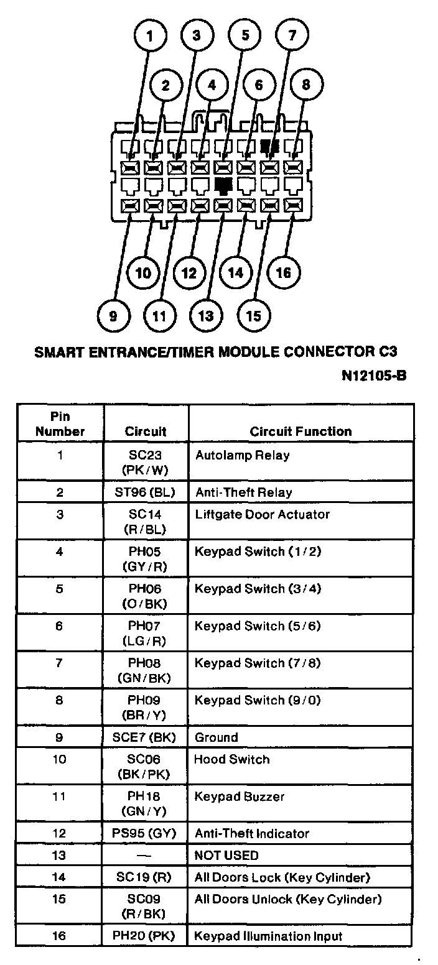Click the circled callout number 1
click(x=149, y=36)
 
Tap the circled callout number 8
click(x=305, y=85)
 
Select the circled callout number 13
click(x=206, y=315)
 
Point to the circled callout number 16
click(x=283, y=272)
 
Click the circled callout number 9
click(x=113, y=316)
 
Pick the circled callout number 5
click(x=245, y=36)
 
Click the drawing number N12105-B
click(x=374, y=376)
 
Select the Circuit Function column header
click(x=301, y=432)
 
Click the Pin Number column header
click(x=60, y=423)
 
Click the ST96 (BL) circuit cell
click(x=146, y=492)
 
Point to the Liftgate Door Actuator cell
click(x=262, y=515)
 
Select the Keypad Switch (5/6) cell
click(x=258, y=626)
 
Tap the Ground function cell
click(x=217, y=738)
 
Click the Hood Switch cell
click(x=232, y=760)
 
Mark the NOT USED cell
click(x=226, y=856)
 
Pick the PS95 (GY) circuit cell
click(x=146, y=834)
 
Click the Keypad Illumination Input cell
click(x=269, y=936)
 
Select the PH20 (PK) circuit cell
click(x=146, y=936)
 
